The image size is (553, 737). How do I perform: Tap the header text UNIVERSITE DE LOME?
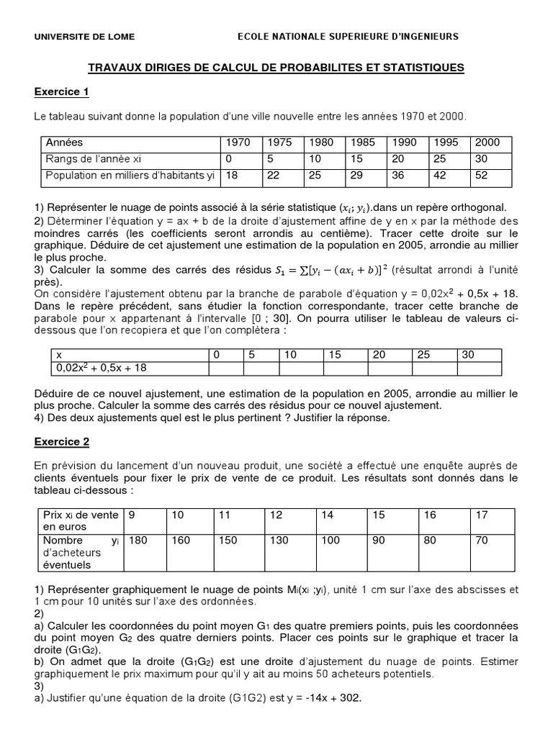pyautogui.click(x=84, y=36)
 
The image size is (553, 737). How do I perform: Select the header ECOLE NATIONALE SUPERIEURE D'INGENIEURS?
pyautogui.click(x=348, y=36)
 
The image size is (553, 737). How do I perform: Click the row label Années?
pyautogui.click(x=64, y=143)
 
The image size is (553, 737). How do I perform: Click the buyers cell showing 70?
pyautogui.click(x=481, y=540)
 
